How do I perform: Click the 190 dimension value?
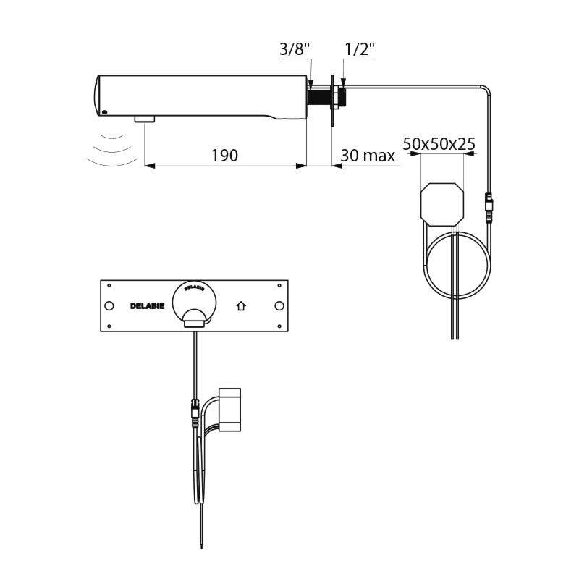pyautogui.click(x=224, y=155)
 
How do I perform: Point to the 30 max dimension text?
pyautogui.click(x=368, y=155)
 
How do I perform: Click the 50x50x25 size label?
pyautogui.click(x=439, y=143)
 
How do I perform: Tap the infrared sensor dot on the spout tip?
pyautogui.click(x=104, y=112)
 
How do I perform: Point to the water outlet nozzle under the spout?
pyautogui.click(x=145, y=118)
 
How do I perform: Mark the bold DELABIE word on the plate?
pyautogui.click(x=147, y=306)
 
